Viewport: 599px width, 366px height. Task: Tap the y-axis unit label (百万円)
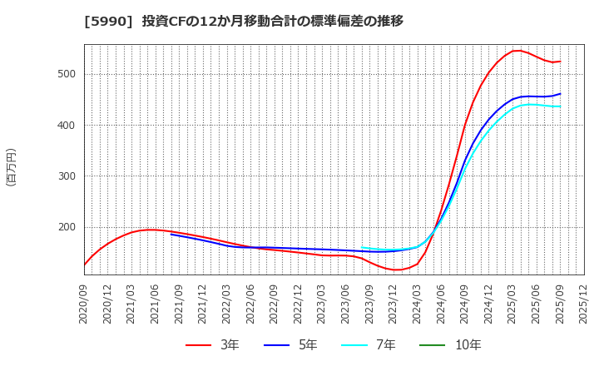[x=11, y=166]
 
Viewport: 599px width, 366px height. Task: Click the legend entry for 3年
[x=212, y=344]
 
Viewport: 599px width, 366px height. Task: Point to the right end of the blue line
[x=560, y=94]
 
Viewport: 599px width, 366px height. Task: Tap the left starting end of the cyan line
[x=362, y=248]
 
